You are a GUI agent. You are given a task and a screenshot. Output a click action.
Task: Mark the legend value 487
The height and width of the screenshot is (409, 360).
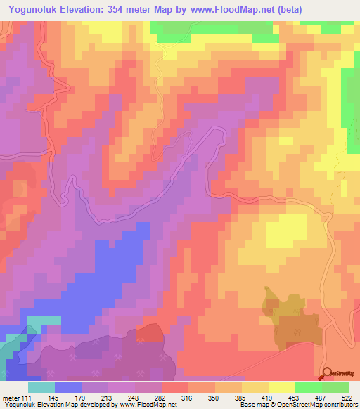[x=321, y=398]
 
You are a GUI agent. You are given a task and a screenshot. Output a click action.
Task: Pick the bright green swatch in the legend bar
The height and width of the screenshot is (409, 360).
[x=308, y=387]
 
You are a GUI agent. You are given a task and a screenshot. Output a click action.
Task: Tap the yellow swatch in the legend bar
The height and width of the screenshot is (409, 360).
[x=281, y=387]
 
